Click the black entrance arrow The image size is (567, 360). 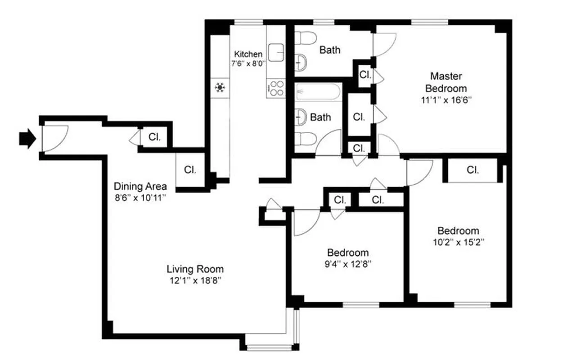click(27, 139)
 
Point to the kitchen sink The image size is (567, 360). click(276, 51)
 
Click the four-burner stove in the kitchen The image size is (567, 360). click(276, 88)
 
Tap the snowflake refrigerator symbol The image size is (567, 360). click(220, 87)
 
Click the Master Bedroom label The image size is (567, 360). click(446, 82)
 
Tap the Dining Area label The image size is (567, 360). click(140, 186)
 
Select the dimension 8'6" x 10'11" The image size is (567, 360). click(140, 197)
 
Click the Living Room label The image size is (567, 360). click(195, 270)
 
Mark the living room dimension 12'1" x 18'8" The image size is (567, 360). click(195, 281)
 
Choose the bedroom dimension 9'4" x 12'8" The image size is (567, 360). click(348, 264)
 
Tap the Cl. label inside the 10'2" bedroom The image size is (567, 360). click(472, 170)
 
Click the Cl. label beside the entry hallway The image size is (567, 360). click(154, 138)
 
